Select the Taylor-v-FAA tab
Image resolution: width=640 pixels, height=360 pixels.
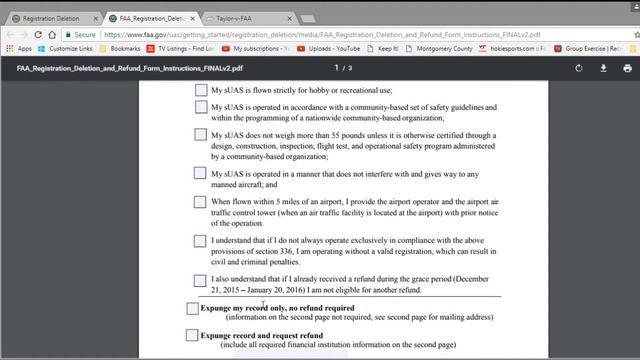coord(240,18)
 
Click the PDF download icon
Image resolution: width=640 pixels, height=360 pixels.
coord(603,68)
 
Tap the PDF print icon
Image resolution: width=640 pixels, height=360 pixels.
coord(627,68)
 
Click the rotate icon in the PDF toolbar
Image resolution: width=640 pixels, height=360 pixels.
coord(579,68)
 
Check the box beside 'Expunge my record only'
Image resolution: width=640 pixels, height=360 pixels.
coord(192,308)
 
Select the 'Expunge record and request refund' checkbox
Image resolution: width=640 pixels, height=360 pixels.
coord(192,335)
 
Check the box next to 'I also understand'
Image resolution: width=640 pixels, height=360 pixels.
coord(200,281)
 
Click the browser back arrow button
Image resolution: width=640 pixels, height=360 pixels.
coord(11,33)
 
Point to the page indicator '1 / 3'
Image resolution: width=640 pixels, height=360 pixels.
coord(343,68)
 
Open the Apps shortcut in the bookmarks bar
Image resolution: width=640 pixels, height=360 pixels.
coord(19,48)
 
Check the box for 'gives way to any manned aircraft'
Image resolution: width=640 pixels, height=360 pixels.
coord(200,172)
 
